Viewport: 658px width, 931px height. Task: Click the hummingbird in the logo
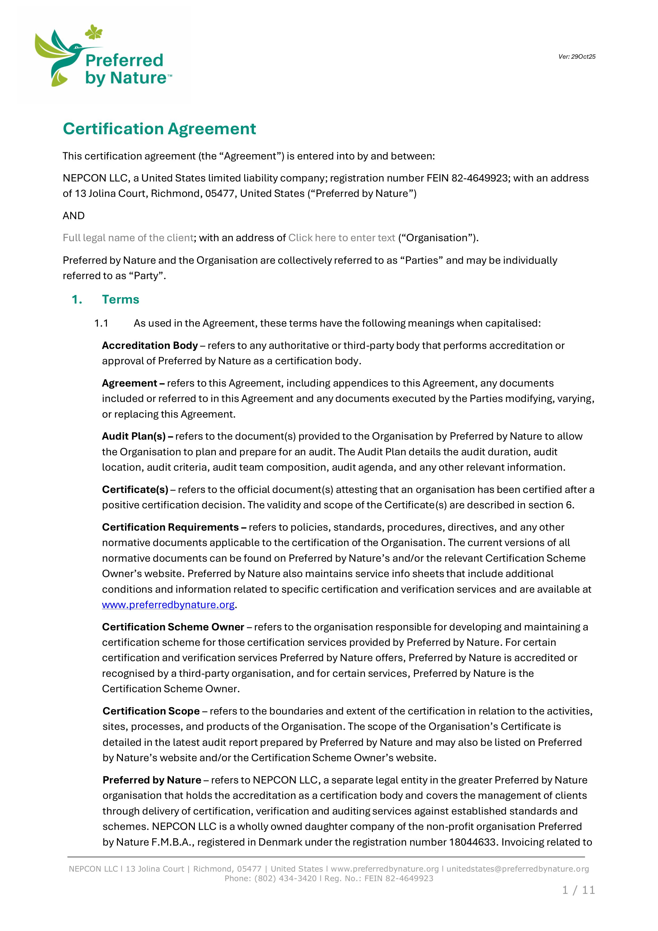click(x=61, y=55)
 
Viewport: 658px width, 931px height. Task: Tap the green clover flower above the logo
click(x=94, y=32)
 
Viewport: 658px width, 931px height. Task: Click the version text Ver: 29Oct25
click(x=577, y=57)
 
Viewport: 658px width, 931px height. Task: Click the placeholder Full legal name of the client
click(x=128, y=238)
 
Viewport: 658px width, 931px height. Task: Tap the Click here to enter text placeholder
click(x=342, y=238)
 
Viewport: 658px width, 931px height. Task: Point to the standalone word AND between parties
click(x=74, y=216)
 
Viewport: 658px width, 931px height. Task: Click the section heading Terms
click(x=121, y=300)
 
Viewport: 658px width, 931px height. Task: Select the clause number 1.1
click(x=101, y=323)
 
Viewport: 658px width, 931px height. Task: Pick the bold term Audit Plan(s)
click(x=134, y=436)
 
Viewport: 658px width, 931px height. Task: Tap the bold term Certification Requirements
click(x=170, y=527)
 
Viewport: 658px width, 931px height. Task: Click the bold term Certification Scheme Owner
click(x=173, y=627)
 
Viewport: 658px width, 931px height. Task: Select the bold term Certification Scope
click(x=151, y=711)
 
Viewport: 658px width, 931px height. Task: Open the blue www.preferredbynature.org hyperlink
click(x=168, y=605)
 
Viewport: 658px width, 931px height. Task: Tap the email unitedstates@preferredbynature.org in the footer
click(x=518, y=869)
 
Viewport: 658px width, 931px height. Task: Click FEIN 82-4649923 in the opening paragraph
click(x=467, y=178)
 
